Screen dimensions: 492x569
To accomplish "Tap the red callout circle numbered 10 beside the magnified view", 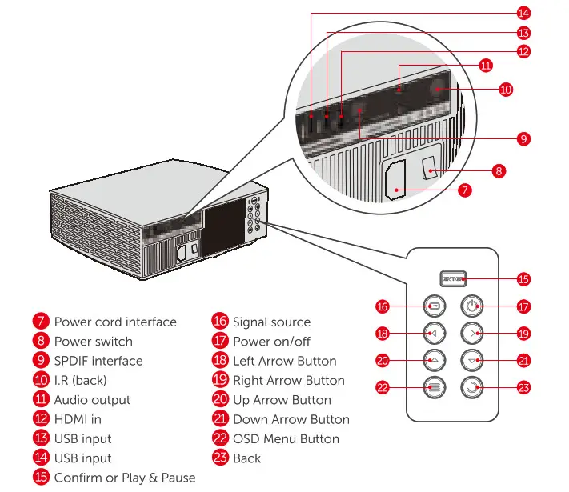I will (x=506, y=90).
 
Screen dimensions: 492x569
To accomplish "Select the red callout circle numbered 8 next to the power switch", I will (x=499, y=170).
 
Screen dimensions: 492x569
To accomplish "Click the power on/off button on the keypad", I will (x=471, y=306).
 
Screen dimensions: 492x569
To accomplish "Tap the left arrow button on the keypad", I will (x=432, y=333).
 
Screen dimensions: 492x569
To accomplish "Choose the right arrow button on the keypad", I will (x=471, y=333).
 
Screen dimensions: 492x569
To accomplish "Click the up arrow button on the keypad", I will (x=432, y=361).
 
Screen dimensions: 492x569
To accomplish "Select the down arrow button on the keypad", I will (x=471, y=361).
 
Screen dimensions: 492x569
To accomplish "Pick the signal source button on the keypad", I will (x=432, y=306).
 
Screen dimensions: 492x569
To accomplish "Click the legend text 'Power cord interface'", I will (x=115, y=322).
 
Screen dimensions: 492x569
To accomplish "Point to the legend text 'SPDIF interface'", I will (x=98, y=361).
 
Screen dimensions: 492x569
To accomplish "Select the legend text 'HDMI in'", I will (x=78, y=419).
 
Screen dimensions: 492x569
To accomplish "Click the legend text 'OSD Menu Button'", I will (x=286, y=438).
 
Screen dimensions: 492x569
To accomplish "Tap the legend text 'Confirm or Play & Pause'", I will (x=125, y=478).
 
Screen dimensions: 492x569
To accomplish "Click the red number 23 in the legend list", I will (x=220, y=458).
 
